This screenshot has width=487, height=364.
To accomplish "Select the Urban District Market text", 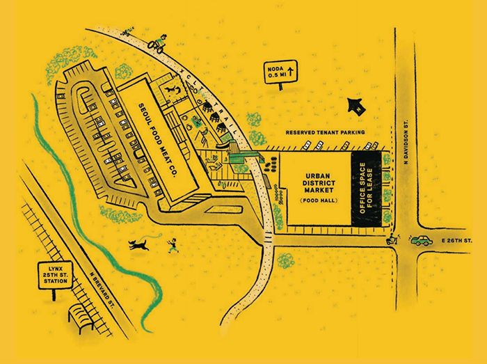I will point(321,181).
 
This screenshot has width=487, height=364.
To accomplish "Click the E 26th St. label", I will point(456,241).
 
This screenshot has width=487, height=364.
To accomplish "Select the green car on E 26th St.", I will point(422,241).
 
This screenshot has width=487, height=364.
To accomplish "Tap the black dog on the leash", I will point(140,244).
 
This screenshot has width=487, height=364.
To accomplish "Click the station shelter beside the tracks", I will point(81,317).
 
